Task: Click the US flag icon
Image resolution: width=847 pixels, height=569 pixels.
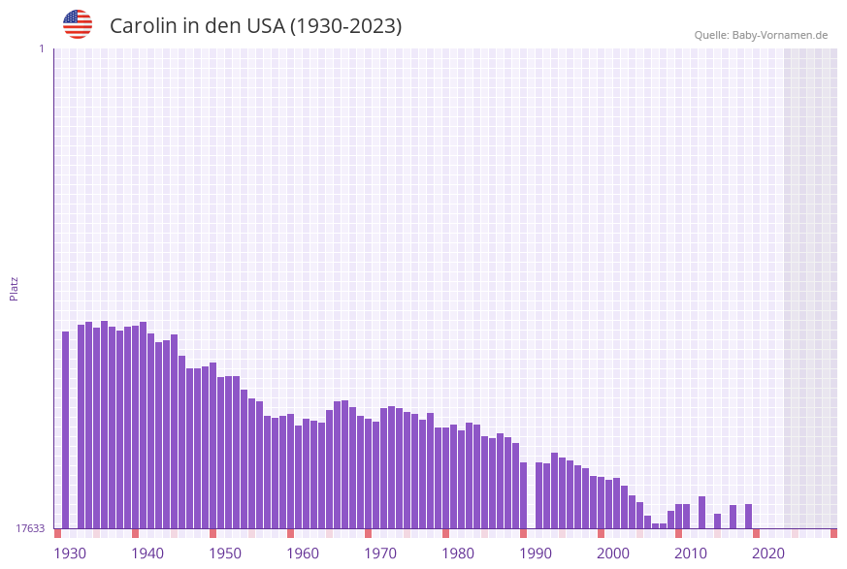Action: (78, 24)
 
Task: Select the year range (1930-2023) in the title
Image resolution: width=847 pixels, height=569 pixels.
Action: (345, 26)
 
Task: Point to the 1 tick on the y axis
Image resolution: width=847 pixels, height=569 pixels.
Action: (41, 48)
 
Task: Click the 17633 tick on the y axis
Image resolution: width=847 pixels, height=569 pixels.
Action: (30, 528)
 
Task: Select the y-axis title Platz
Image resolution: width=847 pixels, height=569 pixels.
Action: (15, 288)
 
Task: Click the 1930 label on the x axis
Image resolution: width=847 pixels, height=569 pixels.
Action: (70, 553)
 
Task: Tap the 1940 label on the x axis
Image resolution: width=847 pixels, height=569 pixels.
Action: (147, 553)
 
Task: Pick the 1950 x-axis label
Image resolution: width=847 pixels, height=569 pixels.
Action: (225, 553)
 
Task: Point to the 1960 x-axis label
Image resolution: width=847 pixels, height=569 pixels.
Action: (303, 553)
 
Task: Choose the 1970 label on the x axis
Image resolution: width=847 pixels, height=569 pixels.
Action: (380, 553)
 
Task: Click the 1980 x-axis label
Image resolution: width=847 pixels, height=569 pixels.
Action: (458, 553)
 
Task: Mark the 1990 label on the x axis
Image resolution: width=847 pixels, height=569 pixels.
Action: (536, 553)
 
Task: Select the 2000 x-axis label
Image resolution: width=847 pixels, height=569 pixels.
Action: (613, 553)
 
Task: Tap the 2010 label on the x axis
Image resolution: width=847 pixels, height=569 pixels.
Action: (691, 553)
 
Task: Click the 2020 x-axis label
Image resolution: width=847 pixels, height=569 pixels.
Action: (768, 553)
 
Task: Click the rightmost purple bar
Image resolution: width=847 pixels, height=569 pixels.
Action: (749, 516)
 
